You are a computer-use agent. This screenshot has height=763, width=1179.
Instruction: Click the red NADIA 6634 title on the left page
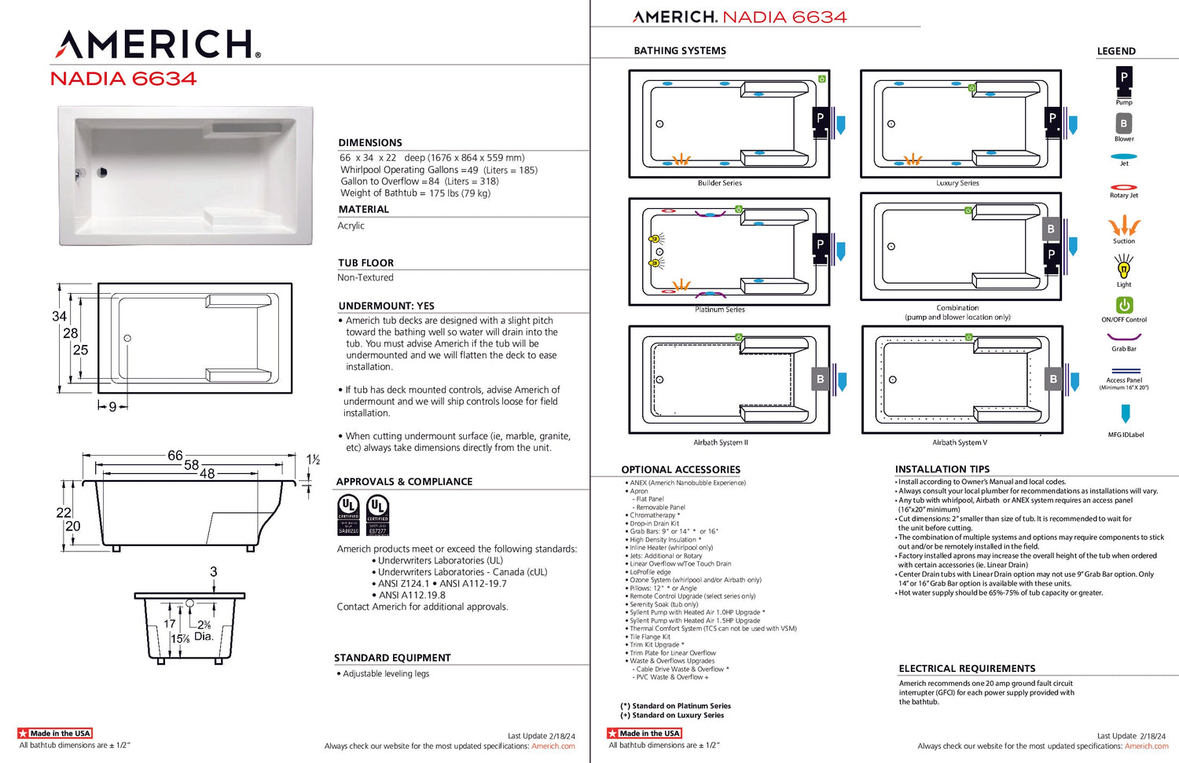point(123,79)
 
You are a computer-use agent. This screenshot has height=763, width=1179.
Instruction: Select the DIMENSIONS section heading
point(369,142)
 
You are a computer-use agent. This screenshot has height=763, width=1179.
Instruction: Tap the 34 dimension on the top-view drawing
point(59,316)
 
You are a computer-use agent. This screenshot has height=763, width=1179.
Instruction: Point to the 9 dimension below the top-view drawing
point(112,406)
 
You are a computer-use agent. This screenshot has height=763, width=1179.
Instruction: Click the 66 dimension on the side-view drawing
point(175,456)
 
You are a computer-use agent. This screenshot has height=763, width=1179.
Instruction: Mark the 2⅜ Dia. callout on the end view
point(204,630)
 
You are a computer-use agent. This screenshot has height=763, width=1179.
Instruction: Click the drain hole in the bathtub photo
point(102,172)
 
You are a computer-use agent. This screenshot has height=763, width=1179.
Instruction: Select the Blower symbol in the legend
point(1123,123)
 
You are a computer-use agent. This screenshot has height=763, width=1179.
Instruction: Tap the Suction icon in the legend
point(1124,226)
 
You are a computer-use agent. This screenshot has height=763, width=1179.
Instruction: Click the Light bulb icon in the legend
point(1124,269)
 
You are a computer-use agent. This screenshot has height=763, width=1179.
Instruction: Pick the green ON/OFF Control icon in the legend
point(1124,305)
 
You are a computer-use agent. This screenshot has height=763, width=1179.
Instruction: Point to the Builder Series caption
point(719,183)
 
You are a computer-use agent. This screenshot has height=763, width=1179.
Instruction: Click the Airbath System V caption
point(960,442)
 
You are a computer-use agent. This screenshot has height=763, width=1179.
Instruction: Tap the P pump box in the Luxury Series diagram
point(1052,119)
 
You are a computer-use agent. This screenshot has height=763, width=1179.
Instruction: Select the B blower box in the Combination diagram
point(1051,229)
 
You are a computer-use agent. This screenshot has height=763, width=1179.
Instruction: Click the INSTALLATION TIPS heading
point(942,469)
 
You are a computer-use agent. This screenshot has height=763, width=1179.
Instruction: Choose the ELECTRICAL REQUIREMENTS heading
point(967,669)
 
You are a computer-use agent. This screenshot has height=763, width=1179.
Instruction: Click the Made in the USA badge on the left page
point(55,733)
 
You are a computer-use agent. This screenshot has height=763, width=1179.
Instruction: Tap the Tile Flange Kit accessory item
point(650,637)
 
